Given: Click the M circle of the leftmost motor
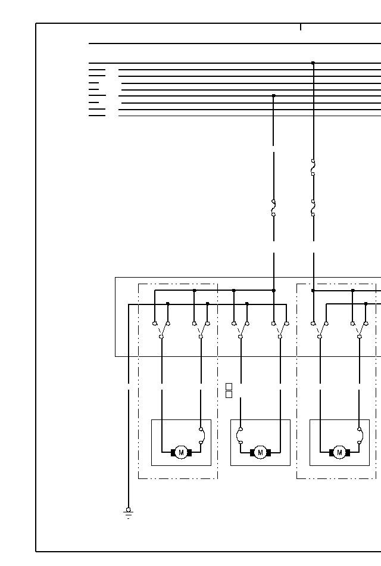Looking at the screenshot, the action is [x=181, y=453].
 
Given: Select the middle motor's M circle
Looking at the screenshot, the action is [x=260, y=453].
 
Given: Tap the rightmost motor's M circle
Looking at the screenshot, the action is [x=339, y=453].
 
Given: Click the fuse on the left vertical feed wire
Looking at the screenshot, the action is [x=273, y=208].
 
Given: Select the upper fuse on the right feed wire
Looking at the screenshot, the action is [x=313, y=167].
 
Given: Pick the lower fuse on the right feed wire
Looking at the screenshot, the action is [x=313, y=208].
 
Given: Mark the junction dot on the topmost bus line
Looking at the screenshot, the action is [x=313, y=63].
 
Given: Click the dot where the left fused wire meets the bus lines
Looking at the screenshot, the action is [x=273, y=95].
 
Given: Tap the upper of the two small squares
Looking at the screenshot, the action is [x=229, y=387].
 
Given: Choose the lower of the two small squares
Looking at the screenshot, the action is [x=229, y=394].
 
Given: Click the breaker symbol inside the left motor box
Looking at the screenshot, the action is [x=202, y=436].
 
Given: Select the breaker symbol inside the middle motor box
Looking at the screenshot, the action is [x=239, y=436].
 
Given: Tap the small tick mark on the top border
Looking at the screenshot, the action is [x=301, y=27].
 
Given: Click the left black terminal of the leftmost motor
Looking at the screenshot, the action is [x=173, y=453].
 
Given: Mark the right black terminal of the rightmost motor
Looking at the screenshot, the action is [x=347, y=453].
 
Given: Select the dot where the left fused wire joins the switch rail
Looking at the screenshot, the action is [x=273, y=290].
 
